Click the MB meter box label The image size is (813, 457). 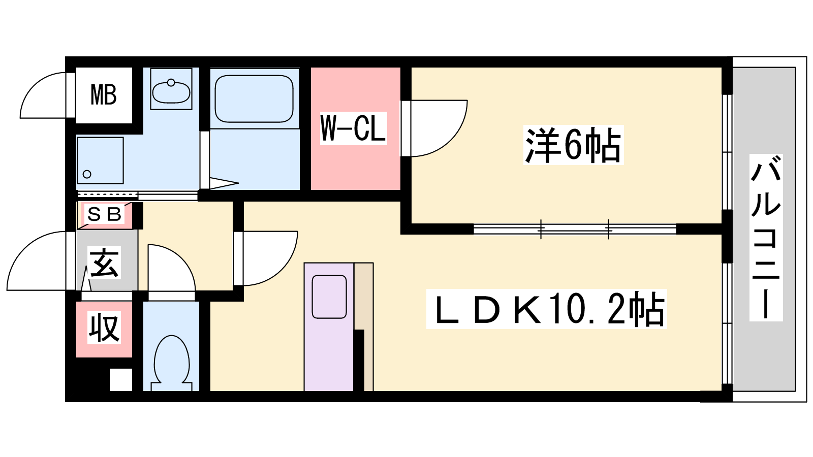[104, 94]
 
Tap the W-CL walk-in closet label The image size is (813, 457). [353, 128]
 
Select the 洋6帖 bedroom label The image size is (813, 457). [573, 145]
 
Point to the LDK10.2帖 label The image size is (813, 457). [546, 309]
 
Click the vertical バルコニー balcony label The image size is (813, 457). [766, 238]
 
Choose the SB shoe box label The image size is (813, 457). [104, 215]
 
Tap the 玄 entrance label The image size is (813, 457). [104, 263]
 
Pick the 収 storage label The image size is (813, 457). [104, 328]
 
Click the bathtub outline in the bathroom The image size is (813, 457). [254, 99]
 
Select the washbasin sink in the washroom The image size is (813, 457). [171, 91]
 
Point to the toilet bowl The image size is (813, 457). [172, 363]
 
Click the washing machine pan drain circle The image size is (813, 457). [87, 174]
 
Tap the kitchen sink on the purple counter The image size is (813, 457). [330, 297]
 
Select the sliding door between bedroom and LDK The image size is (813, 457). [575, 229]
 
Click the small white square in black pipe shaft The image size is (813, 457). [121, 380]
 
